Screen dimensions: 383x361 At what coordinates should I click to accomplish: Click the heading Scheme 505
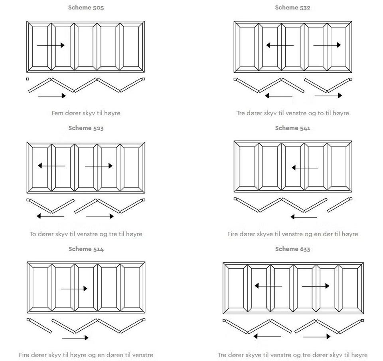(x=86, y=8)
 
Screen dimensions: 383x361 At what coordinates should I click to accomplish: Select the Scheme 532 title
(x=292, y=8)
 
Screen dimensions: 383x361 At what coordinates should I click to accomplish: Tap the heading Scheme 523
(x=86, y=128)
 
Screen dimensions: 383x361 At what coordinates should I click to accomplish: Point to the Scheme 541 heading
(x=292, y=128)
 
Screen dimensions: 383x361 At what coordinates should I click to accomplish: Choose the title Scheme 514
(x=86, y=249)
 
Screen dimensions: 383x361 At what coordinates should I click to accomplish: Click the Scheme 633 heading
(x=292, y=249)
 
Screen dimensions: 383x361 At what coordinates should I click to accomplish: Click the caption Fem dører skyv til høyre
(x=86, y=113)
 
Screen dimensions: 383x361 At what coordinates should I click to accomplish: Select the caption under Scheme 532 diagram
(x=292, y=113)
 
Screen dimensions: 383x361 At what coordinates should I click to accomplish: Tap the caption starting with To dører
(x=86, y=234)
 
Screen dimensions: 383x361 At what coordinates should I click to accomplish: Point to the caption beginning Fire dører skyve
(x=292, y=234)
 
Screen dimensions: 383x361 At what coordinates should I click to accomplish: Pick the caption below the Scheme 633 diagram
(x=292, y=355)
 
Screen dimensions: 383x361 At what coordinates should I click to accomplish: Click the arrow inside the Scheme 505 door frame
(x=51, y=45)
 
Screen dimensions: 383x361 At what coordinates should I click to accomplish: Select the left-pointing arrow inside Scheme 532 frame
(x=280, y=45)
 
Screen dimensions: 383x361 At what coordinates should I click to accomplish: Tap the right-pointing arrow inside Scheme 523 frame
(x=99, y=166)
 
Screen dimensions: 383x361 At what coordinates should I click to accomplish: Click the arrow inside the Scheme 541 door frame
(x=305, y=168)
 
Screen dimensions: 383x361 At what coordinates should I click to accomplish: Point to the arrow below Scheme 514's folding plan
(x=75, y=338)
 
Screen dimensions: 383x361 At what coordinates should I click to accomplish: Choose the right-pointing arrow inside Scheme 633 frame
(x=316, y=286)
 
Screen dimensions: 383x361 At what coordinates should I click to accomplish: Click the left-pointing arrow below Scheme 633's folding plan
(x=267, y=337)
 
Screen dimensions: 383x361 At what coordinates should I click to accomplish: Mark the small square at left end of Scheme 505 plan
(x=28, y=79)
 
